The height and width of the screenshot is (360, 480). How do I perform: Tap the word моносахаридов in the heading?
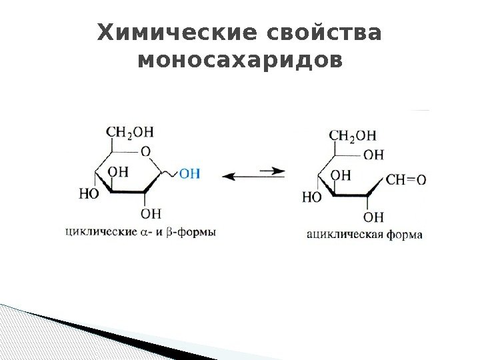[239, 61]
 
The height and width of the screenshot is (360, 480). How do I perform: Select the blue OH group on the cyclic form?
[190, 174]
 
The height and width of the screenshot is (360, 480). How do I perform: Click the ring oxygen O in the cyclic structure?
[145, 152]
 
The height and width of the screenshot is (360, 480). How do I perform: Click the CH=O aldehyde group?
[406, 179]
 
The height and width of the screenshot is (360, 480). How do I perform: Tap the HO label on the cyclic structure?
[88, 194]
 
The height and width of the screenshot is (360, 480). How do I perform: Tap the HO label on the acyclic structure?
[311, 197]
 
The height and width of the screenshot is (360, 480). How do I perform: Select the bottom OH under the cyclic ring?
[151, 213]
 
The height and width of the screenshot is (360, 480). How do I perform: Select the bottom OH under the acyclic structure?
[375, 217]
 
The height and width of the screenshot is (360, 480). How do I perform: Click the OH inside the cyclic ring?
[118, 171]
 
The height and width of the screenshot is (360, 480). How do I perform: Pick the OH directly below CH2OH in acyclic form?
[374, 155]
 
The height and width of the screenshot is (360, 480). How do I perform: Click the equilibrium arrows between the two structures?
[253, 174]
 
